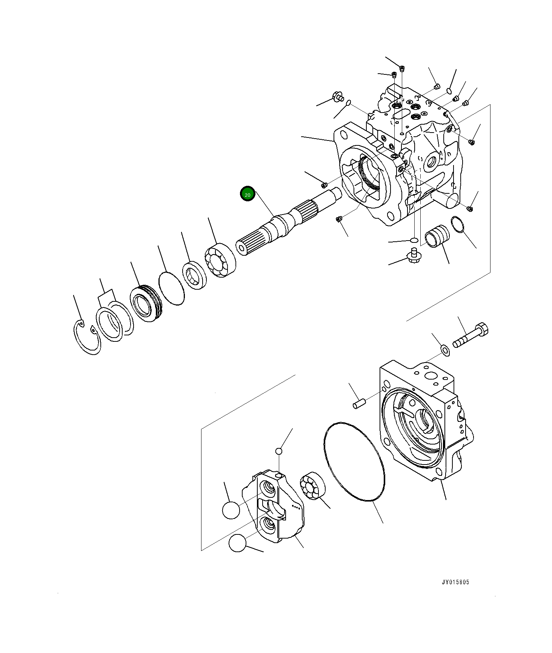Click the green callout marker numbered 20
[x=248, y=194]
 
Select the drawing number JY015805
[x=455, y=582]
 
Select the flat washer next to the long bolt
[x=446, y=350]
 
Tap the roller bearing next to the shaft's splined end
[x=220, y=261]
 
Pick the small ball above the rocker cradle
[x=278, y=451]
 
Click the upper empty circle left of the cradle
[x=231, y=510]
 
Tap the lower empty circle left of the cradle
[x=237, y=543]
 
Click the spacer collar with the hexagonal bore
[x=195, y=275]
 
